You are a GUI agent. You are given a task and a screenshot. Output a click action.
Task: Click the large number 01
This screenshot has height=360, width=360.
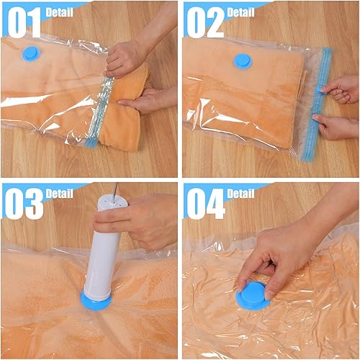point(24,22)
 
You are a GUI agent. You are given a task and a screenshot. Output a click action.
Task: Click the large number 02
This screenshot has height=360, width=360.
point(206,22)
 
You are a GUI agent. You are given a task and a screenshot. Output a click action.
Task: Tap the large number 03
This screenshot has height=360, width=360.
point(24,204)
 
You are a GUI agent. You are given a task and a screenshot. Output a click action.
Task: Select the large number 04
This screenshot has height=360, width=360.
point(206,204)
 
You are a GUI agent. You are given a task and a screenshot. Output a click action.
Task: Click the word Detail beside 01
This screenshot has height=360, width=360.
point(59,12)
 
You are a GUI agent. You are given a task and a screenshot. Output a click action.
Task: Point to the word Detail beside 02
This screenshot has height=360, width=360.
point(240,12)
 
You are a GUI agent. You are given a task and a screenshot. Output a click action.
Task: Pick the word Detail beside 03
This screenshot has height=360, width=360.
point(59,194)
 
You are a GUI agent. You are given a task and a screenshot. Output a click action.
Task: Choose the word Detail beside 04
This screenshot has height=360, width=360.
point(240,194)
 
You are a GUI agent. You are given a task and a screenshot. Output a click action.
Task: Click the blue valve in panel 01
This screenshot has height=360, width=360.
point(31,53)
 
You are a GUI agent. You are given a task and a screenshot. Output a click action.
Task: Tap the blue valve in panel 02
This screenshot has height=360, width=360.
point(243,61)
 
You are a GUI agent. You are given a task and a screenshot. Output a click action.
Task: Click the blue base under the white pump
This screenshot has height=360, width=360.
point(96,300)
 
